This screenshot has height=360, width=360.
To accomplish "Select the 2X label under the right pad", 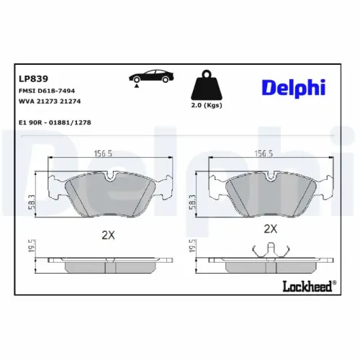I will coord(271,229).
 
